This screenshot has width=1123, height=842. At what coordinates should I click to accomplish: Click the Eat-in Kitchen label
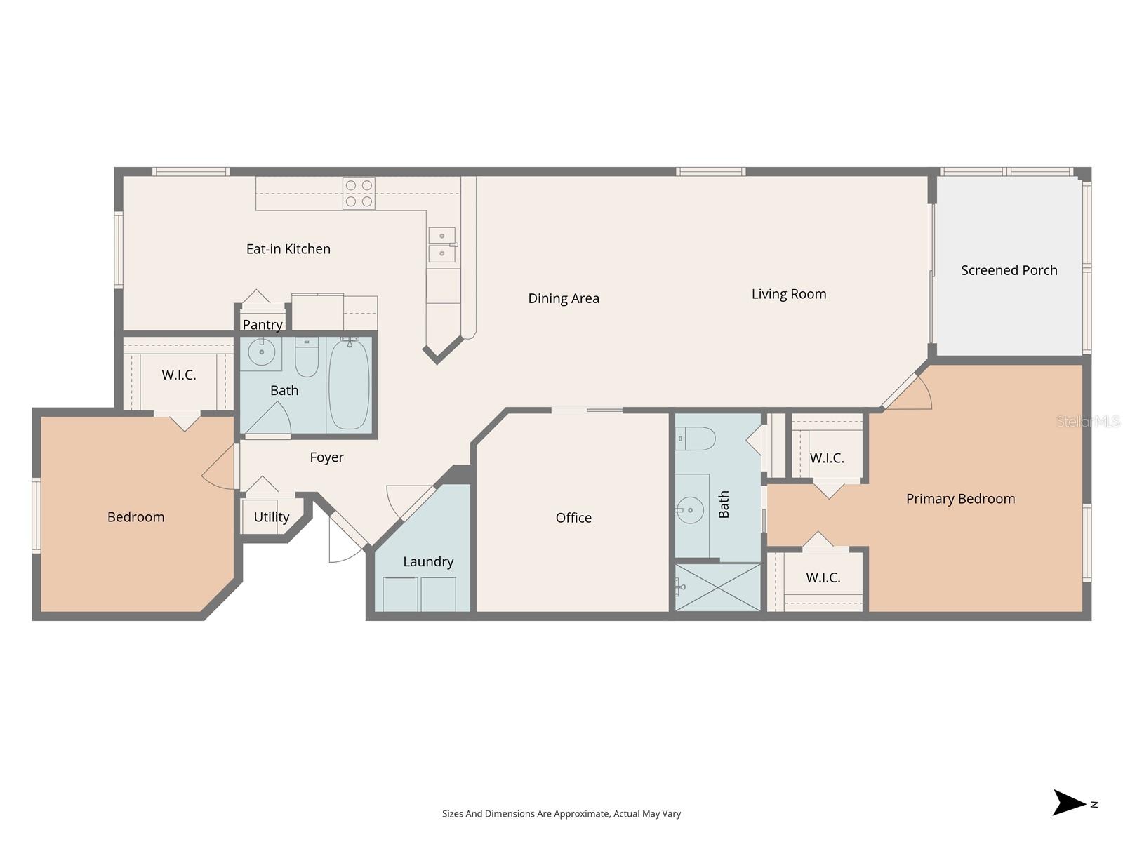pos(288,249)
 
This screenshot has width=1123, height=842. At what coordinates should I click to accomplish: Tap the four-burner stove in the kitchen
pos(359,194)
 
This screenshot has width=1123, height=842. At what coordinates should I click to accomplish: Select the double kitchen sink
pos(442,245)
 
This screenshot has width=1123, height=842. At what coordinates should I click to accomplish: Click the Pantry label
pos(263,325)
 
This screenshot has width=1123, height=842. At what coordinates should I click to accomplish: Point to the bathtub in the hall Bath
pos(349,385)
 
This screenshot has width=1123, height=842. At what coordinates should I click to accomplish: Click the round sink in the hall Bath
pos(262,353)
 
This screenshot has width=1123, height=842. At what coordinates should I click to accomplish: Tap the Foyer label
pos(326,457)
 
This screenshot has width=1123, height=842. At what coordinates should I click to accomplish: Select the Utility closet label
pos(271,517)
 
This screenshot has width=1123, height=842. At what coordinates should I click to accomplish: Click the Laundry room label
pos(428,562)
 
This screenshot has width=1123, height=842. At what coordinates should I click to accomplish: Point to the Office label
pos(573,518)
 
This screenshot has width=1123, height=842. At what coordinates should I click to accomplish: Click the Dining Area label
pos(564,299)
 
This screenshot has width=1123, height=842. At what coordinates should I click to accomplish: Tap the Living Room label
pos(789,295)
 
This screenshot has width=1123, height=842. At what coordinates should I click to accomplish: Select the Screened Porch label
pos(1009,271)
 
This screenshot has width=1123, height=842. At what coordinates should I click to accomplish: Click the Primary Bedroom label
pos(960,499)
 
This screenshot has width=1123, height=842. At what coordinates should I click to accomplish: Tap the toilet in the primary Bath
pos(696,439)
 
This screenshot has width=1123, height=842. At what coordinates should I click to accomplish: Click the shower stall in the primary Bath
pos(718,587)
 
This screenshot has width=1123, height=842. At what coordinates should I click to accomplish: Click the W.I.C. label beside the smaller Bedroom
pos(179,375)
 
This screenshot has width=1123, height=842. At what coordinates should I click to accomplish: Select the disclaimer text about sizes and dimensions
pos(561,814)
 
